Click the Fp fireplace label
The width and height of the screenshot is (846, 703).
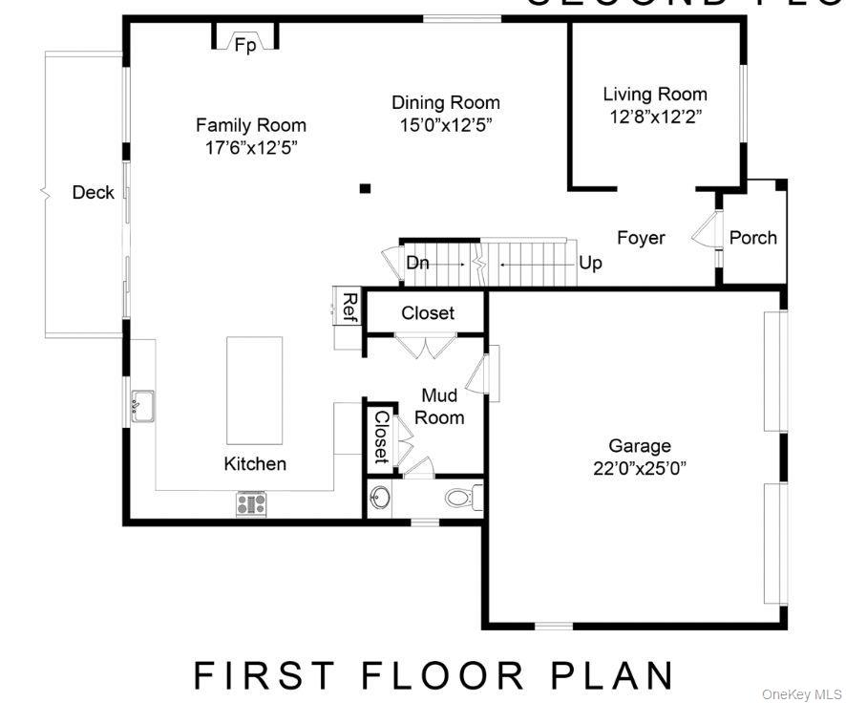pos(245,45)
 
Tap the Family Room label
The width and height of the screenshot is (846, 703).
pos(251,125)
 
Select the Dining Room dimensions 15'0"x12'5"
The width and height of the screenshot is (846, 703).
pos(446,124)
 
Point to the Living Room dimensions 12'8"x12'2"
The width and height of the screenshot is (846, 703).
pos(655,116)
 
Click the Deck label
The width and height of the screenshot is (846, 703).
pos(94,192)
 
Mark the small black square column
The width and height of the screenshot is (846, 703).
pos(365,188)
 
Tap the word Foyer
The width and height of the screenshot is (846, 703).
pos(641,238)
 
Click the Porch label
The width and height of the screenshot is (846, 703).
pos(752,238)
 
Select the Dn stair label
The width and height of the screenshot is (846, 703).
pos(417,263)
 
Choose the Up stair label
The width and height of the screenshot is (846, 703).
pos(591,263)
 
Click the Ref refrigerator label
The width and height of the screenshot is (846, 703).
pos(349,306)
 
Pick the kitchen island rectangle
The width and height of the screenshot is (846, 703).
pos(254,390)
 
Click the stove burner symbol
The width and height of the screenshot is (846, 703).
pos(251,503)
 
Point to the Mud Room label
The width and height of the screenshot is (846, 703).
pos(439,406)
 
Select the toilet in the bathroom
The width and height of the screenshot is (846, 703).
pos(461,498)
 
